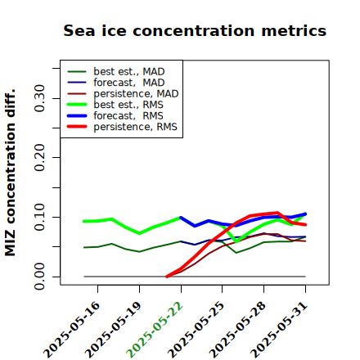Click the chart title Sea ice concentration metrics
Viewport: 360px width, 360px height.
(x=195, y=30)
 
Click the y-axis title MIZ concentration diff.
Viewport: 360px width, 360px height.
(x=10, y=173)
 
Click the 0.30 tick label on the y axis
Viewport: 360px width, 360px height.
(x=40, y=98)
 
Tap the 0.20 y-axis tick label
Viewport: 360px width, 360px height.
(x=40, y=158)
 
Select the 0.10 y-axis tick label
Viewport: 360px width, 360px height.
(x=40, y=217)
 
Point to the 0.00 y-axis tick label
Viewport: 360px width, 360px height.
(x=40, y=277)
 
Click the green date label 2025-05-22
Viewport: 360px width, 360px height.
(x=155, y=330)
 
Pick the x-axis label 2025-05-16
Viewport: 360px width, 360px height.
(x=71, y=330)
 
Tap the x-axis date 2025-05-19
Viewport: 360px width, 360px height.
(x=113, y=330)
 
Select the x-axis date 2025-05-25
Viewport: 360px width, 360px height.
(x=196, y=330)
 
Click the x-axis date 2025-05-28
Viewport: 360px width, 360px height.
(x=237, y=330)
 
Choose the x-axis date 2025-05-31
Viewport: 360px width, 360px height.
(x=279, y=330)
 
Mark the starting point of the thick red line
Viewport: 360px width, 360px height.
(x=167, y=277)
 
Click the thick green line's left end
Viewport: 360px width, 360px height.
(x=84, y=222)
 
